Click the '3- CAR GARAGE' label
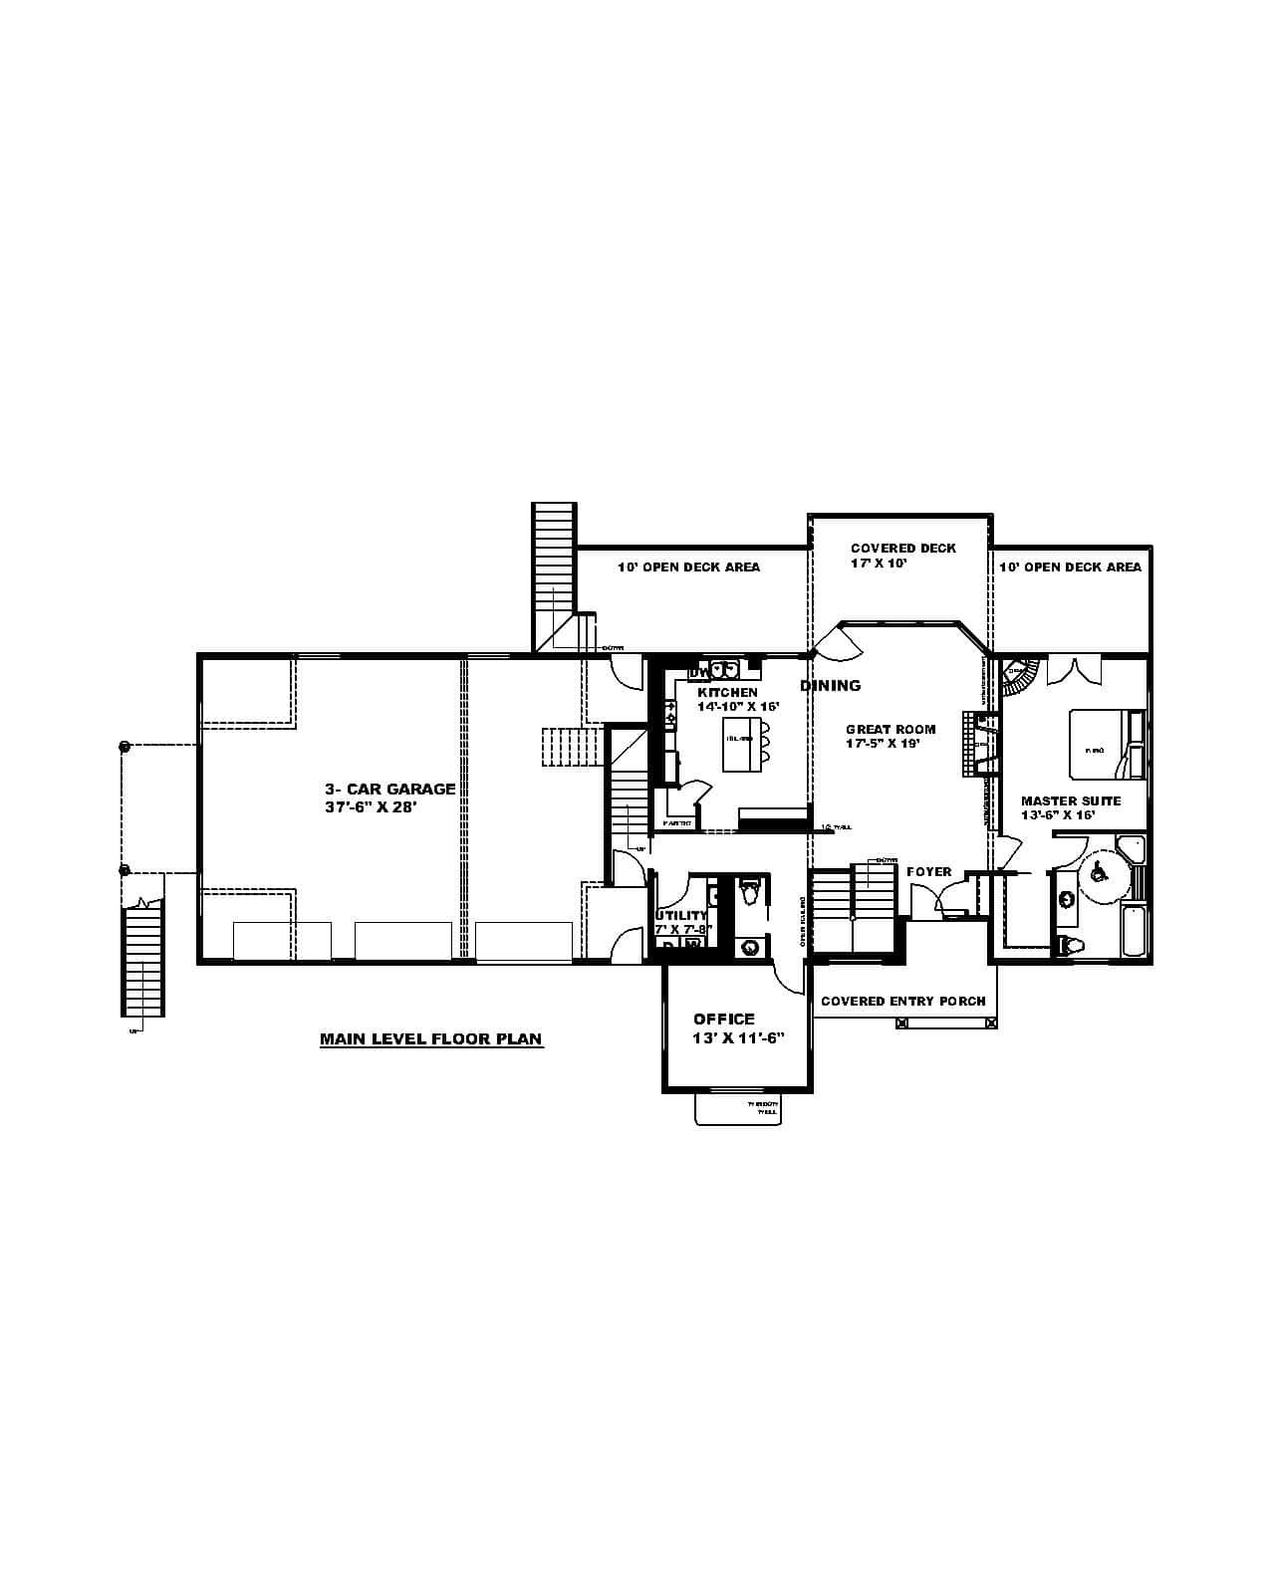point(389,789)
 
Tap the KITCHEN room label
point(727,693)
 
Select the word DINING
point(830,685)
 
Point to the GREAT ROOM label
point(891,729)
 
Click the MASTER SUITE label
point(1071,800)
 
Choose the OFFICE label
point(724,1019)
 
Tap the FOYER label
point(928,872)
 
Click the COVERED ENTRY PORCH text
point(902,1002)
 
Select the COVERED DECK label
point(902,549)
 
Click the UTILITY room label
point(681,916)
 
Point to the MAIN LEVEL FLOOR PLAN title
point(430,1039)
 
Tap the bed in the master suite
point(1106,744)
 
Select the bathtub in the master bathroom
point(1134,930)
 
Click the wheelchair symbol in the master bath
point(1100,873)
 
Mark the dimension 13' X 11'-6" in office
point(739,1037)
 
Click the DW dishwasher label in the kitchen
point(697,673)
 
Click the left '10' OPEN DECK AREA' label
point(688,567)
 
